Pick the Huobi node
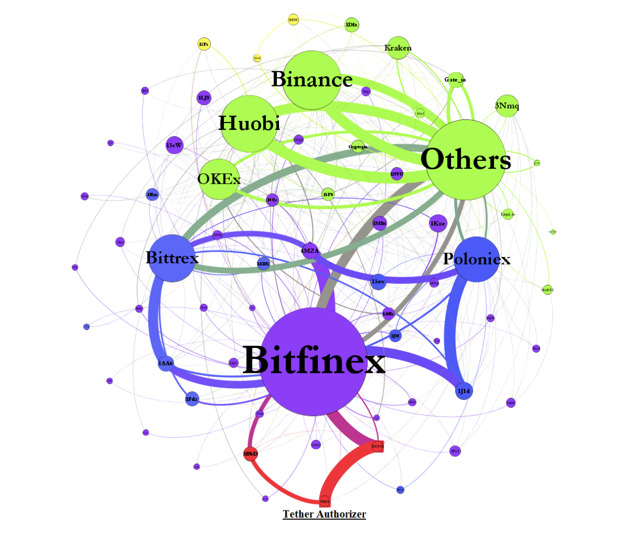249,124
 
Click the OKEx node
219,179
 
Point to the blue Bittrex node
172,258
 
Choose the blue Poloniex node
476,259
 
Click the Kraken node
398,48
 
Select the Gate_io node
455,79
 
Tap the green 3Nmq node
507,106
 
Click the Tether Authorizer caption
324,514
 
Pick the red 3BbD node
250,454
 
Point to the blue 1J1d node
464,390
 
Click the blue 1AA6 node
166,363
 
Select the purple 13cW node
174,145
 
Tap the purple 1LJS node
204,98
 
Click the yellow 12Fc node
204,44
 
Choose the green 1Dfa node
351,24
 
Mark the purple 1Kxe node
438,223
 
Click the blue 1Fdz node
192,399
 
